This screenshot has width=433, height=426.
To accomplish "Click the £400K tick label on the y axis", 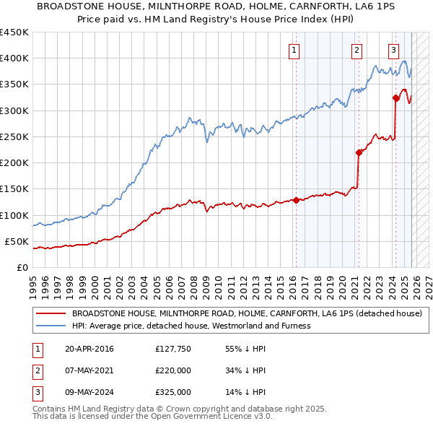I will (x=14, y=58).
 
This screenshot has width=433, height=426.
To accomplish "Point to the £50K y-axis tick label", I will (x=17, y=241).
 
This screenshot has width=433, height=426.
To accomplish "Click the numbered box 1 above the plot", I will (x=295, y=50).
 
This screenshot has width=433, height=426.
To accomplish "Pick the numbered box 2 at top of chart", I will (x=357, y=50).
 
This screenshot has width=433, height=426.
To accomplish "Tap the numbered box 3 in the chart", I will (x=394, y=50).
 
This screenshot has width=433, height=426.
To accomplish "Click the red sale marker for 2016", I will (x=296, y=200).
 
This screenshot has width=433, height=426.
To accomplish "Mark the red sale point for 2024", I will (x=395, y=97).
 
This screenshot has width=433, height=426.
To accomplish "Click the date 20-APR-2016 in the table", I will (x=89, y=349).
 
